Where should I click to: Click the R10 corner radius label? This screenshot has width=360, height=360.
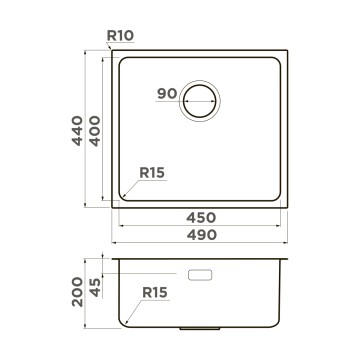[x=120, y=36]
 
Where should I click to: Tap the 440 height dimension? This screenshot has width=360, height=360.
[x=77, y=131]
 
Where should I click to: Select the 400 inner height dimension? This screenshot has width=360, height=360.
[x=95, y=131]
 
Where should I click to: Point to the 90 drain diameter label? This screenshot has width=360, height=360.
[x=167, y=94]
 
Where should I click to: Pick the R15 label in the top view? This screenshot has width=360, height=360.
[x=152, y=173]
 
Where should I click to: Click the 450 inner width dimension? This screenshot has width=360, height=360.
[x=201, y=218]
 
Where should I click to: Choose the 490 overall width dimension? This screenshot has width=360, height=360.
[x=202, y=235]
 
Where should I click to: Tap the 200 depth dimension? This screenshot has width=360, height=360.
[x=77, y=292]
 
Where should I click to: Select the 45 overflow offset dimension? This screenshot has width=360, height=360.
[x=95, y=287]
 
